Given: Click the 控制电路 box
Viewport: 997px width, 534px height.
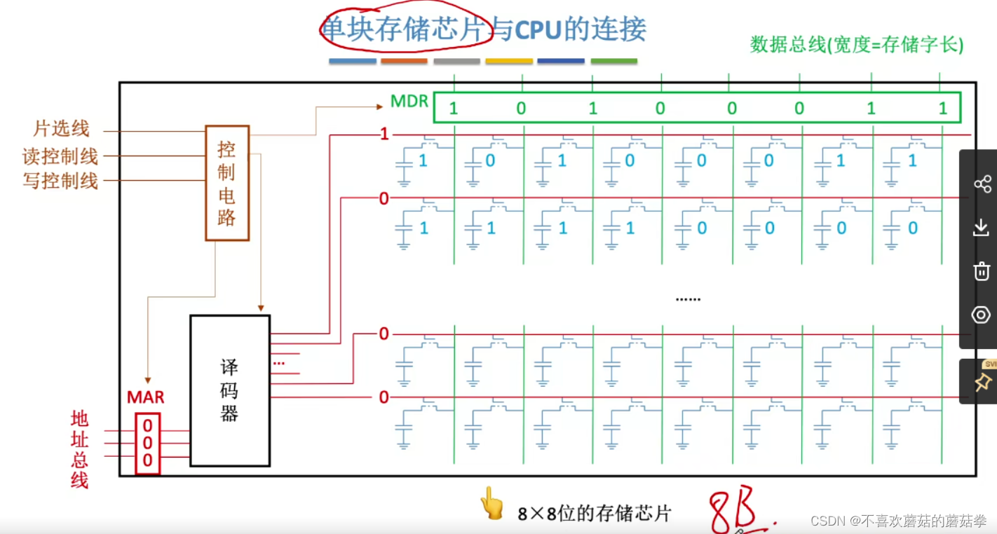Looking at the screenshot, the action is pyautogui.click(x=227, y=183).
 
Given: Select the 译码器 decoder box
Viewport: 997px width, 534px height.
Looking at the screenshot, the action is pyautogui.click(x=230, y=390).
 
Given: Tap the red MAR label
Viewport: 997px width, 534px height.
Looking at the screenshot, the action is pyautogui.click(x=146, y=397).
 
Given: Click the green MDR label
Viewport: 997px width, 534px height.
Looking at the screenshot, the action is pyautogui.click(x=409, y=102).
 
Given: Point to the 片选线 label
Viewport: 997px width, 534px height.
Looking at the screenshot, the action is pyautogui.click(x=62, y=129).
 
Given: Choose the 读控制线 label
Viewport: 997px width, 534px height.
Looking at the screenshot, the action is pyautogui.click(x=60, y=156).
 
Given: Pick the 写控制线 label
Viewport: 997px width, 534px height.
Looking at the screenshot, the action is pyautogui.click(x=60, y=181).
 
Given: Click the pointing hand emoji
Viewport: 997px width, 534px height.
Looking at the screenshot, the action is pyautogui.click(x=492, y=504).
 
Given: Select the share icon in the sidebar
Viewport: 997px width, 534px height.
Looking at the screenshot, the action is pyautogui.click(x=982, y=184).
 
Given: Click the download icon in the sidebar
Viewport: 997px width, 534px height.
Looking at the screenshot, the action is pyautogui.click(x=982, y=227).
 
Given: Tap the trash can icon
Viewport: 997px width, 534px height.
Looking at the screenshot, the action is pyautogui.click(x=982, y=271).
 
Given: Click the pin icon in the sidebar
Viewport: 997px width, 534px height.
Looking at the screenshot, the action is pyautogui.click(x=982, y=383).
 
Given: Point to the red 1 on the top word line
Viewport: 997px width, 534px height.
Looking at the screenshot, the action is pyautogui.click(x=384, y=134).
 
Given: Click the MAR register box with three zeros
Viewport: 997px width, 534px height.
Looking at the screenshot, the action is pyautogui.click(x=147, y=443).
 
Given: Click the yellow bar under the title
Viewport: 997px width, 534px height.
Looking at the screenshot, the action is pyautogui.click(x=509, y=62).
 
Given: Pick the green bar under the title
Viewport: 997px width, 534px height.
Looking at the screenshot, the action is pyautogui.click(x=613, y=62).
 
